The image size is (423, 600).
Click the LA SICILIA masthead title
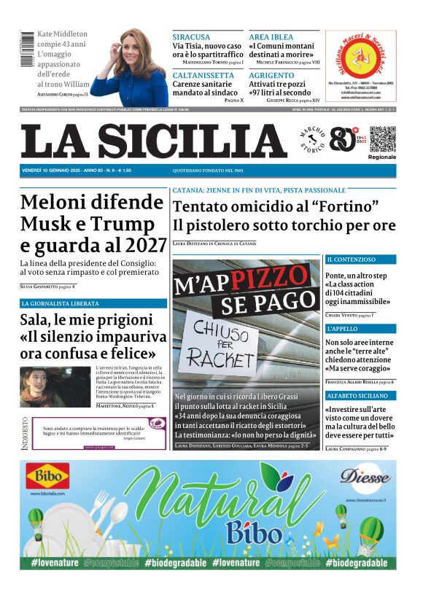coord(153,141)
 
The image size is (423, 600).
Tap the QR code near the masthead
coord(381,139)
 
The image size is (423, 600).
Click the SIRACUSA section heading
coord(191,36)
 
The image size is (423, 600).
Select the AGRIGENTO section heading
coord(271,75)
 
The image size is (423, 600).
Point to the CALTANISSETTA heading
coord(203,75)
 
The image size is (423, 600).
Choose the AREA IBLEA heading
coord(271,36)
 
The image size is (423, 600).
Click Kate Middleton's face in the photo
coord(136,50)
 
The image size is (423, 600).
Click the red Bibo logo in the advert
coord(47,478)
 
